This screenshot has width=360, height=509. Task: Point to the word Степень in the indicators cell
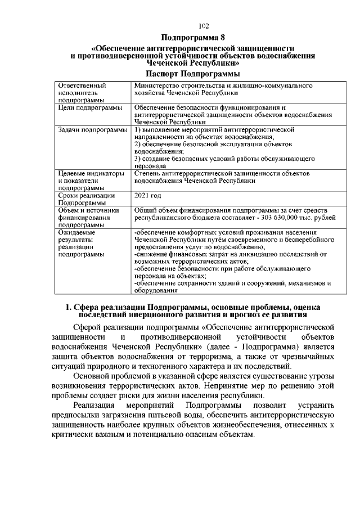[147, 173]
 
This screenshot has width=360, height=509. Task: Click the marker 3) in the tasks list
[138, 159]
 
